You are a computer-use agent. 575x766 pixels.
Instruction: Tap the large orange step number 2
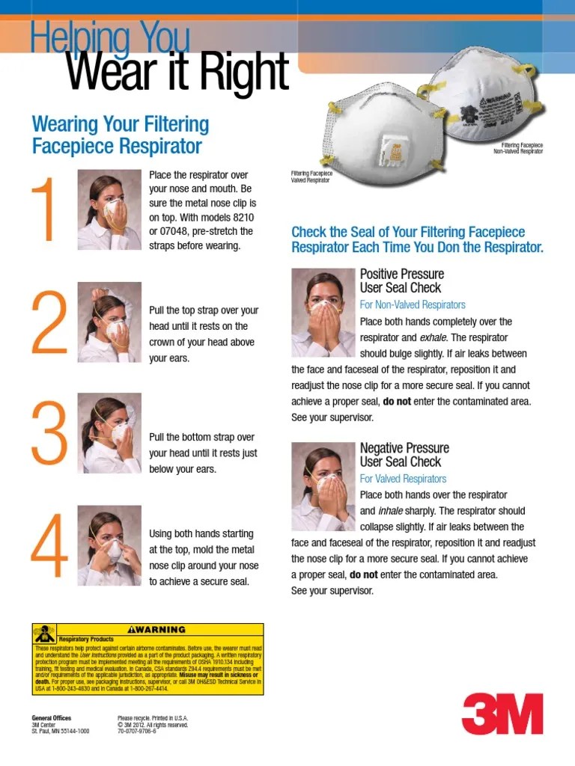point(49,322)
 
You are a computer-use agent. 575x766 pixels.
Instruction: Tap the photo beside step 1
point(109,209)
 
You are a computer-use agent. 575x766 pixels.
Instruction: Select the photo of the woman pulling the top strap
point(109,322)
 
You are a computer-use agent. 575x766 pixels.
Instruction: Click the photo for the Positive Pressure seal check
point(323,312)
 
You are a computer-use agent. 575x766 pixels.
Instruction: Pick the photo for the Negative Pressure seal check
point(323,486)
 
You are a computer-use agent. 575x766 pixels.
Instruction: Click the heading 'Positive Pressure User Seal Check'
point(401,281)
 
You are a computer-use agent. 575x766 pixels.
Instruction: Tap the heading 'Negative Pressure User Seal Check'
point(404,455)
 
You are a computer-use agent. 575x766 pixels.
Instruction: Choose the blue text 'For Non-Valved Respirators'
point(413,304)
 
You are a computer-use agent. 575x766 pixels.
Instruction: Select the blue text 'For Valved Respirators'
point(403,479)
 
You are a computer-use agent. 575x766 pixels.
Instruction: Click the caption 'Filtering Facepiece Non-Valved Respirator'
point(517,147)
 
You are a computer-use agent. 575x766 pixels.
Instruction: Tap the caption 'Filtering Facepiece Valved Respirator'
point(311,177)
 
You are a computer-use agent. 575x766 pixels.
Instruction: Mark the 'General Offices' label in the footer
point(51,718)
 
